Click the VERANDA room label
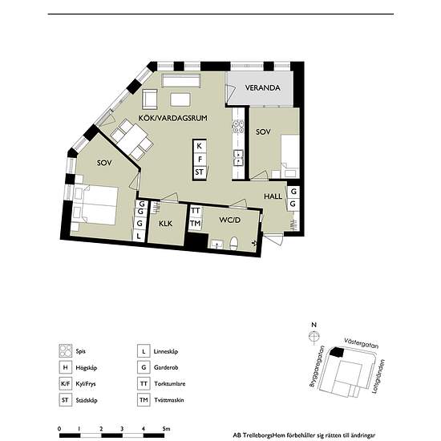click(x=262, y=87)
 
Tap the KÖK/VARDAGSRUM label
click(x=172, y=118)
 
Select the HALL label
click(x=273, y=196)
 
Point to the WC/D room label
click(x=230, y=220)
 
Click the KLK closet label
click(x=165, y=224)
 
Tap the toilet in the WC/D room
click(x=233, y=243)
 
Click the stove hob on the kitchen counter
click(x=238, y=126)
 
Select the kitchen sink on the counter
click(x=238, y=158)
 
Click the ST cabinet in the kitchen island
click(x=200, y=172)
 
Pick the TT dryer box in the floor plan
click(x=195, y=211)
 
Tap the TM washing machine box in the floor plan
click(x=195, y=224)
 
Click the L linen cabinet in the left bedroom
click(x=139, y=237)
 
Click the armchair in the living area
click(x=150, y=99)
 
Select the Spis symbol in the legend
click(x=66, y=351)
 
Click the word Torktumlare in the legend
click(x=170, y=383)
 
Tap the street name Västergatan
click(x=361, y=344)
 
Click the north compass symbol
click(x=314, y=337)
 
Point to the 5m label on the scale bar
click(x=166, y=429)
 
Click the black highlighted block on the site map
click(x=337, y=352)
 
